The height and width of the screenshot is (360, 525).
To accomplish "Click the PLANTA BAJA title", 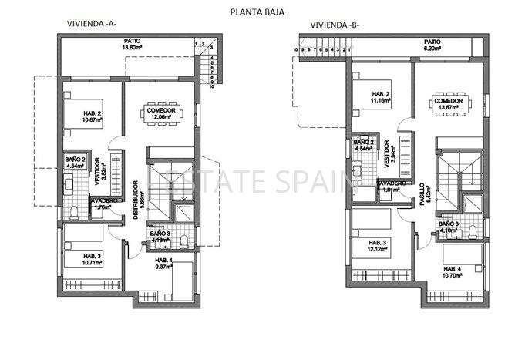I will click(258, 12).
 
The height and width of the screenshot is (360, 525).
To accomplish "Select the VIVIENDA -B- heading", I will click(335, 24).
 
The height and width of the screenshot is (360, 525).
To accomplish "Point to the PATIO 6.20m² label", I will click(432, 45).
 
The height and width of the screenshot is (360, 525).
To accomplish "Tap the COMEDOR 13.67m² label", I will click(448, 104).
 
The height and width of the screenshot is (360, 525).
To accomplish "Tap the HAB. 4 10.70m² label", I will click(455, 272).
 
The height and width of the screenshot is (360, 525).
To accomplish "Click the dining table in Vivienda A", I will click(162, 112).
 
